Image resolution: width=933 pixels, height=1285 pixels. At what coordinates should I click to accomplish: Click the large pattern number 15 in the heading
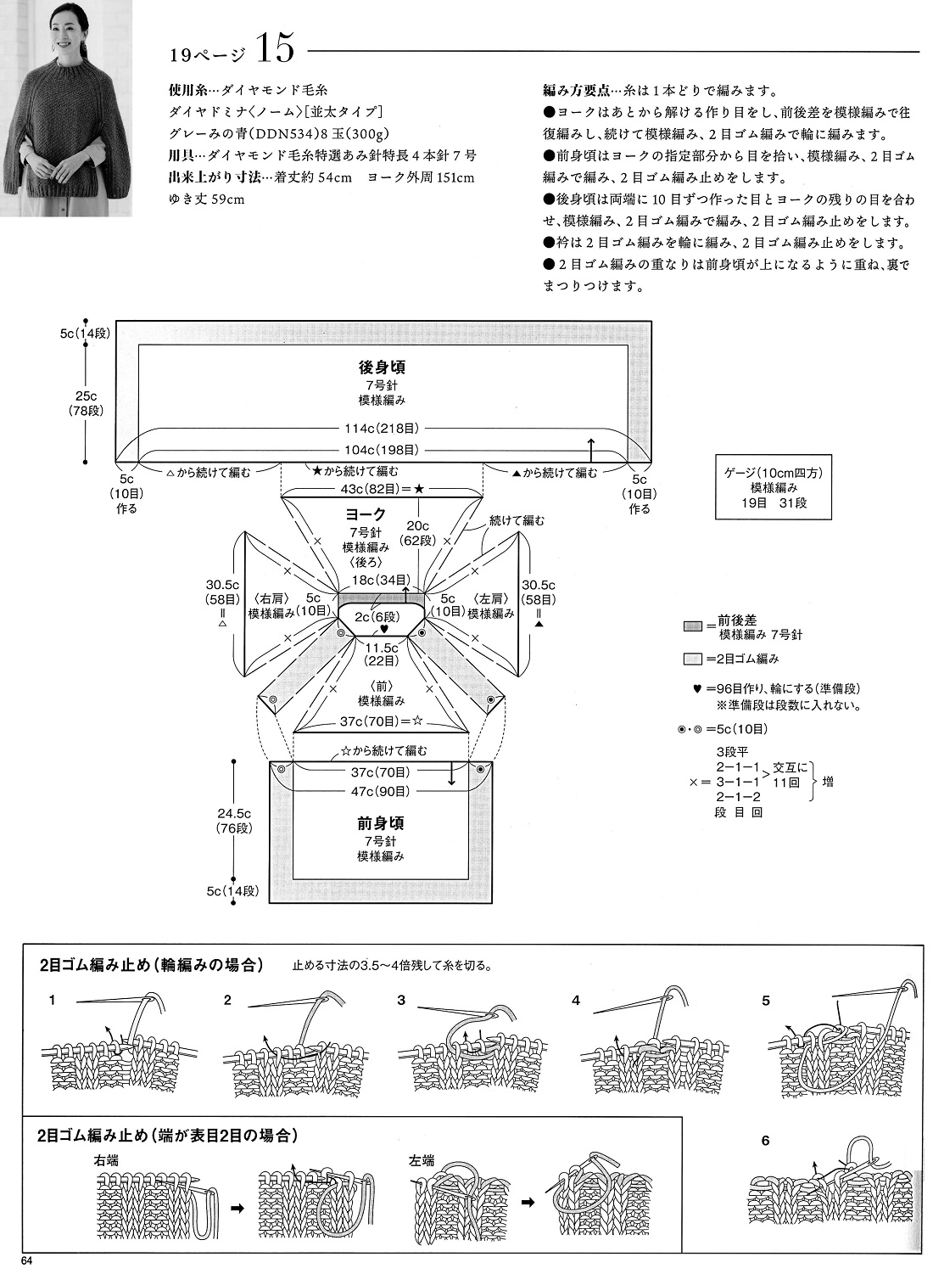pos(274,49)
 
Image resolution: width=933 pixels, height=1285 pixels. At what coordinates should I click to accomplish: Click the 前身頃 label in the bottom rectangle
pos(381,823)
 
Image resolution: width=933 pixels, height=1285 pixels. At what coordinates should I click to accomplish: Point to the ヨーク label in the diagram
pos(366,515)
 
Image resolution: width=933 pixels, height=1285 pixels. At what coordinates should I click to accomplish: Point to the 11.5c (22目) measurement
pos(381,654)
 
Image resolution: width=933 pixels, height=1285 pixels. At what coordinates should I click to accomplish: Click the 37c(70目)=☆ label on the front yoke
pos(381,721)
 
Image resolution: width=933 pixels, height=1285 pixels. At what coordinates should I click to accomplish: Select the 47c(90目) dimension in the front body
pos(381,792)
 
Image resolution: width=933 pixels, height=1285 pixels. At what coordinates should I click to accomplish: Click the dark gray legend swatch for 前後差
pos(693,626)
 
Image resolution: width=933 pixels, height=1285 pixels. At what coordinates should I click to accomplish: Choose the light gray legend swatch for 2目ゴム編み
pos(693,659)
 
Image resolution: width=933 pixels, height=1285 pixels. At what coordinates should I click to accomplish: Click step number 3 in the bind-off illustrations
pos(401,1001)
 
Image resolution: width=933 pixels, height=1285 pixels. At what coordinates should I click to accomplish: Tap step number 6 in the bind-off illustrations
pos(765,1141)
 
